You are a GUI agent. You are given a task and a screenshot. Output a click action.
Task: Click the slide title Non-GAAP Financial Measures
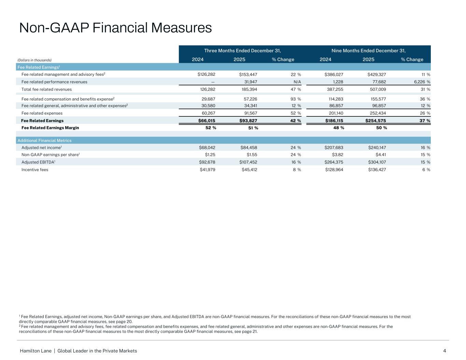115,28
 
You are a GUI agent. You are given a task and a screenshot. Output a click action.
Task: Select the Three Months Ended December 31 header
242,51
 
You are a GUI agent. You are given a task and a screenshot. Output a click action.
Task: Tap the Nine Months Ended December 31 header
368,51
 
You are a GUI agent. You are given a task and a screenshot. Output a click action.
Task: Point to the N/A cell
297,82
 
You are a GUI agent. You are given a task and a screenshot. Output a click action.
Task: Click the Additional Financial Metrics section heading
44,141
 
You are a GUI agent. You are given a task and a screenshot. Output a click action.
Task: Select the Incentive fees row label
35,170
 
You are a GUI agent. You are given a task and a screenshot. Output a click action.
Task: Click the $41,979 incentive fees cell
207,170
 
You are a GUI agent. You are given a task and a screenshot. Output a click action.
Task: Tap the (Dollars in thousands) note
34,60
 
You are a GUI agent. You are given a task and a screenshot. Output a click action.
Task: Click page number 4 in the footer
444,351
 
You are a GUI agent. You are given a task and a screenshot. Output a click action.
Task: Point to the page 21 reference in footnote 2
250,331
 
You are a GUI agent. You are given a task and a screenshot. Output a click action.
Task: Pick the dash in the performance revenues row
213,82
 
